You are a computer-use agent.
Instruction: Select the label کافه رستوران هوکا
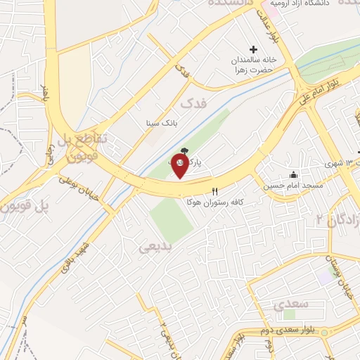[214, 202]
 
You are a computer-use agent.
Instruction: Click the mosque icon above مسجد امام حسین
[294, 175]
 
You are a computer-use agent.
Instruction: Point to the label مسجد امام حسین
[293, 186]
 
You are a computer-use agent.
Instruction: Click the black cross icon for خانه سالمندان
[254, 49]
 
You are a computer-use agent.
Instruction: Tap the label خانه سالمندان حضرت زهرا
[257, 65]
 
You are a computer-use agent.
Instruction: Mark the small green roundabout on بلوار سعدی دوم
[288, 314]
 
